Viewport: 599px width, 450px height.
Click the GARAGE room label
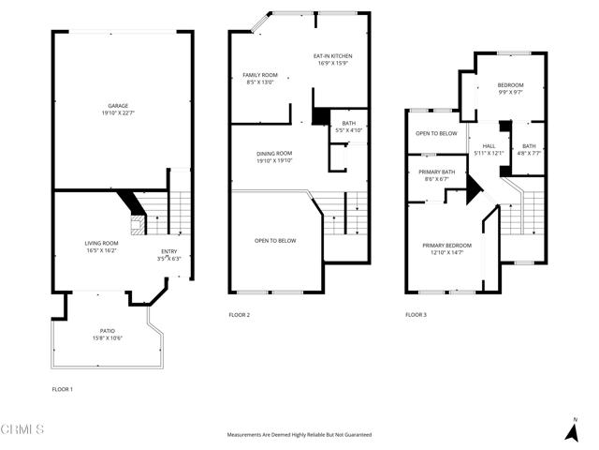click(x=118, y=106)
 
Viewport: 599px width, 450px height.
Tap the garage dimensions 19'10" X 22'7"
click(x=118, y=113)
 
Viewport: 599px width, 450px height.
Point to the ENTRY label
click(x=168, y=250)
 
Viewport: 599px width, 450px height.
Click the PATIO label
click(x=108, y=331)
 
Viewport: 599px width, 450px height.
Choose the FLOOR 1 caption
click(x=63, y=388)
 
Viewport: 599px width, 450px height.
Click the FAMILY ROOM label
click(x=259, y=74)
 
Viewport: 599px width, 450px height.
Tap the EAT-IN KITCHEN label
click(x=332, y=56)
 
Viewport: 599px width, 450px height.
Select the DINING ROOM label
click(x=275, y=153)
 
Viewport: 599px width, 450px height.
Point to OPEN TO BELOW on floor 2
click(x=275, y=241)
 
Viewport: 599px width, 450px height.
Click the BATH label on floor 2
click(x=349, y=123)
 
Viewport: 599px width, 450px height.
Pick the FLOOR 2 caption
click(x=240, y=315)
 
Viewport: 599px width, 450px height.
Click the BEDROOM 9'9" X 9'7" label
click(x=510, y=85)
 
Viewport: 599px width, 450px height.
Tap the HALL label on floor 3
click(x=489, y=146)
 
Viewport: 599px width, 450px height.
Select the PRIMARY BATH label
click(x=436, y=172)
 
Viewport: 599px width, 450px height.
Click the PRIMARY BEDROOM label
click(x=446, y=245)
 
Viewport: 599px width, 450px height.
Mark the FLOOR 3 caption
click(x=416, y=315)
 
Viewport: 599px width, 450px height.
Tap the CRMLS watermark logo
click(x=22, y=429)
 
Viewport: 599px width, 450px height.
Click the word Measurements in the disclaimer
click(x=245, y=435)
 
